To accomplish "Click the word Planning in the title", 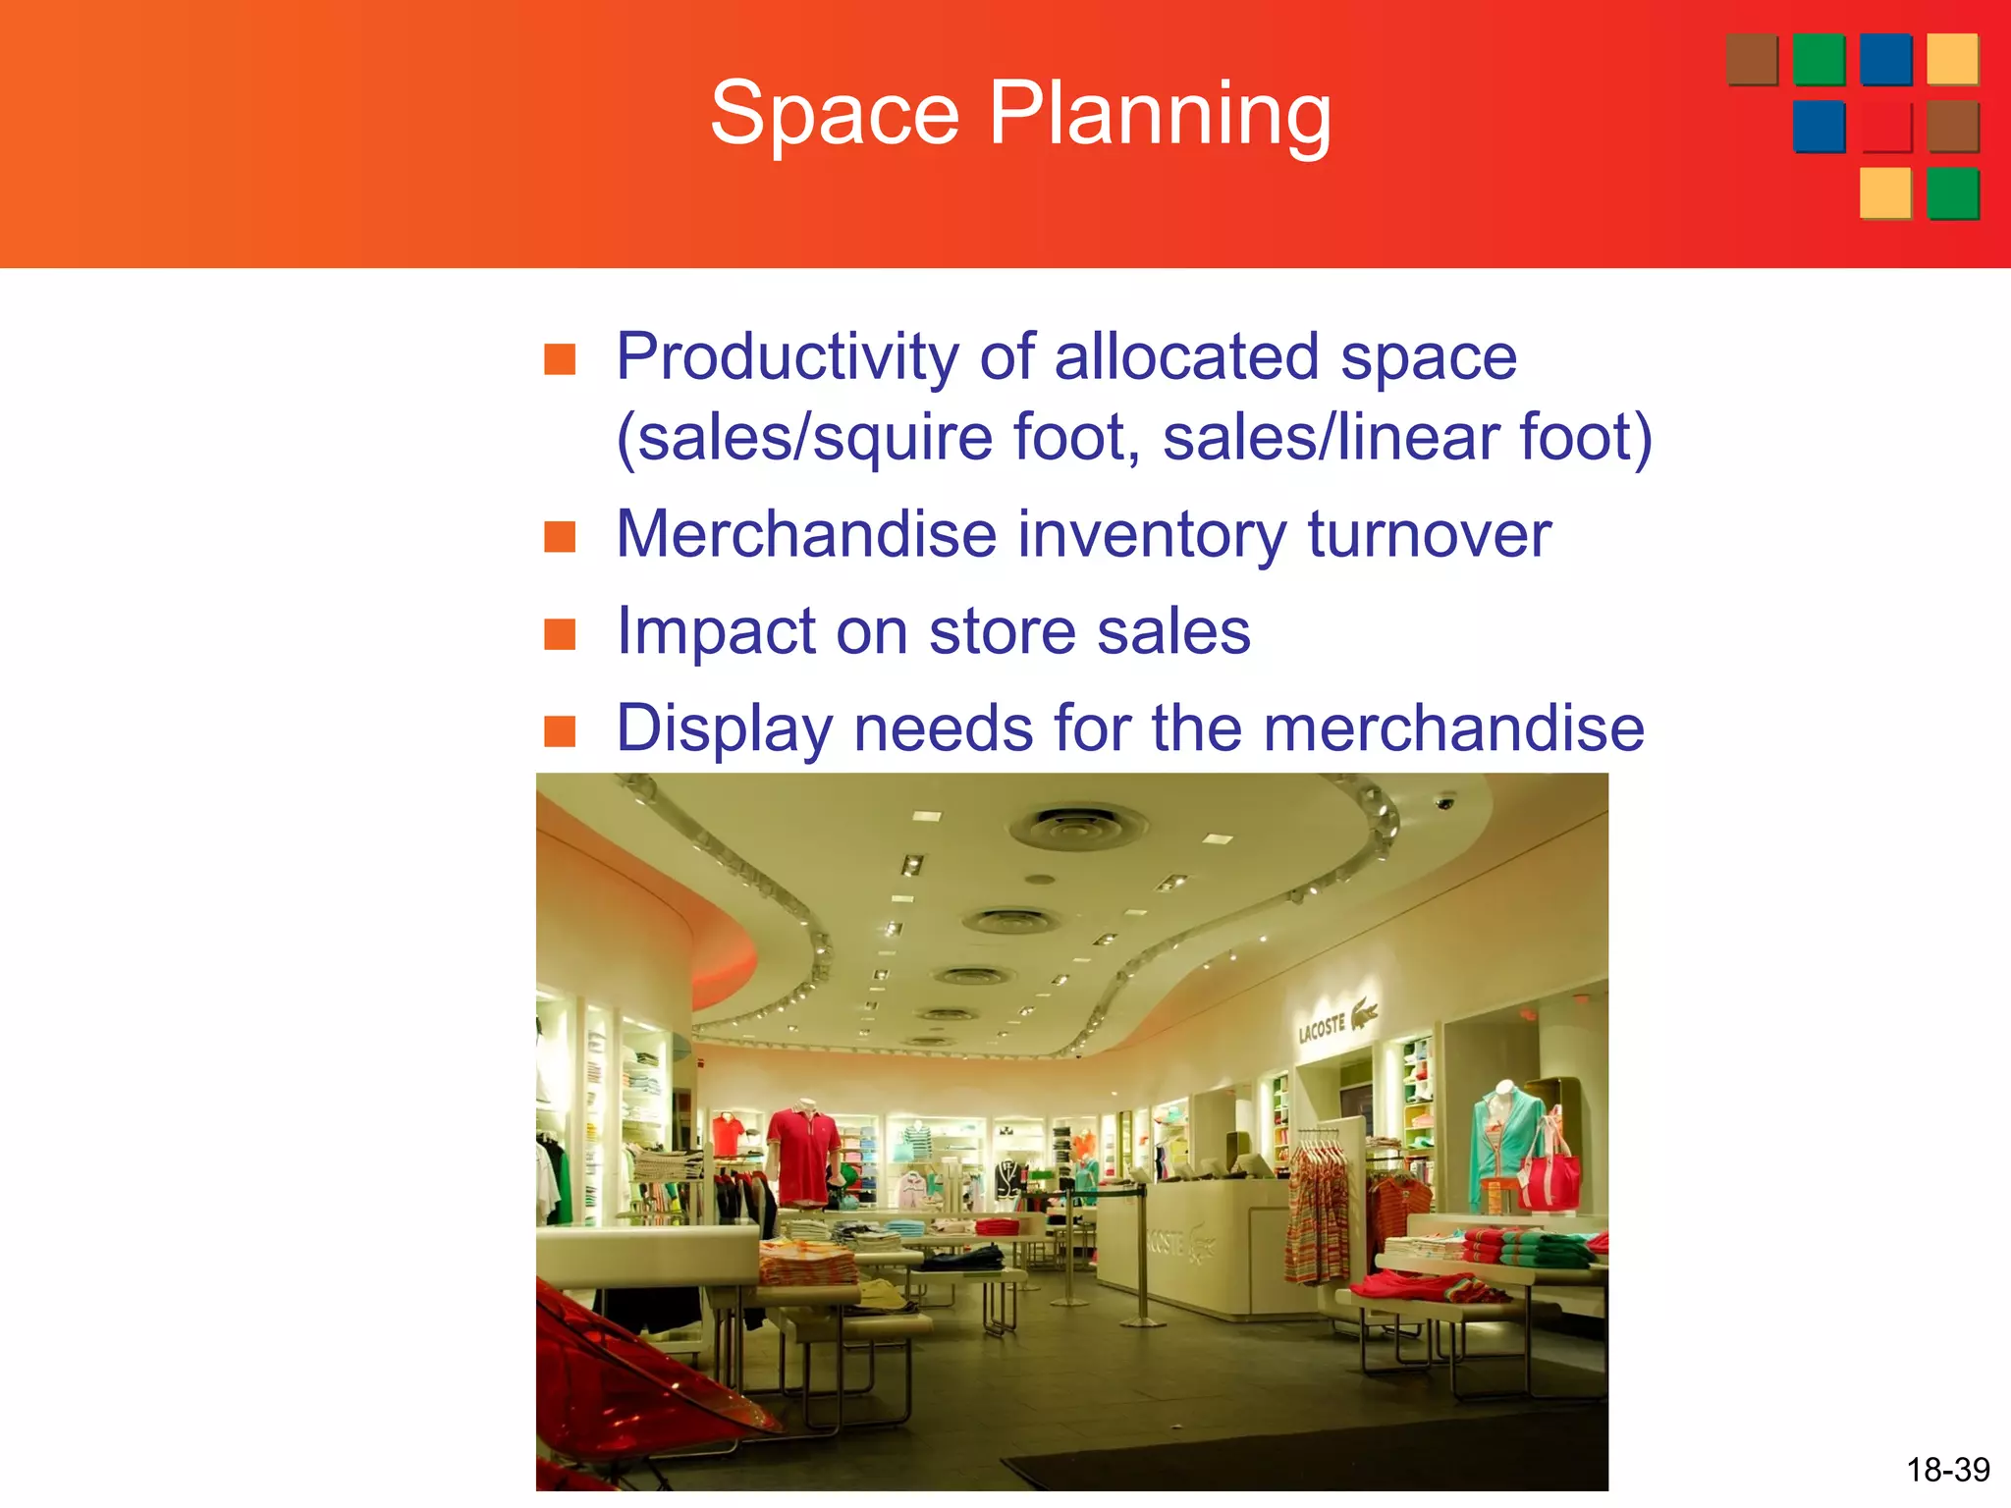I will tap(1160, 116).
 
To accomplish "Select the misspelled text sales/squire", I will tap(814, 438).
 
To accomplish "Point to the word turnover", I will tap(1429, 535).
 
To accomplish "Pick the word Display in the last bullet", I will tap(724, 728).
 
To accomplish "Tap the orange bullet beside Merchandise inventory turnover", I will tap(560, 537).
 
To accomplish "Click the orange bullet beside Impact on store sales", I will tap(560, 634).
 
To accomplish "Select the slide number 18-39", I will tap(1947, 1470).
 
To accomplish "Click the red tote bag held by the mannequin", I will tap(1549, 1174).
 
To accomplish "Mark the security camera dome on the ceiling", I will tap(1444, 802).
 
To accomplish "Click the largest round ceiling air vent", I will tap(1078, 827).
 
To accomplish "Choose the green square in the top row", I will tap(1819, 60).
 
